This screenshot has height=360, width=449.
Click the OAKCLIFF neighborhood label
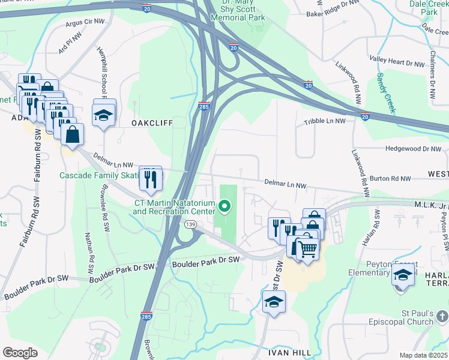point(152,123)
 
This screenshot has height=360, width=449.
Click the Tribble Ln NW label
point(324,121)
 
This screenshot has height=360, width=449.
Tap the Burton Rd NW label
point(390,179)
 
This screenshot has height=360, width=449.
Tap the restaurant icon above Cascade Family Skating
point(150,178)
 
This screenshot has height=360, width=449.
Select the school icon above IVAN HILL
point(274,302)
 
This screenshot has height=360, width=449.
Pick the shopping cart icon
point(307,248)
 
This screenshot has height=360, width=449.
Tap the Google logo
point(20,353)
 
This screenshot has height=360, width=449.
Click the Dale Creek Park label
point(429,7)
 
